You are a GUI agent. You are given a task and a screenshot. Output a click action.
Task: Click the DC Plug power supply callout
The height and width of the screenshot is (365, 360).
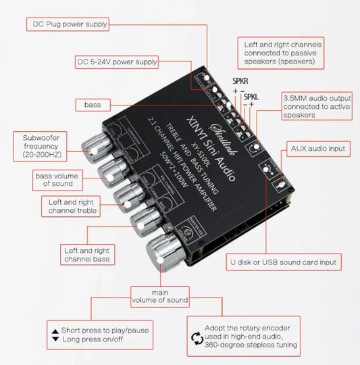[x=68, y=25]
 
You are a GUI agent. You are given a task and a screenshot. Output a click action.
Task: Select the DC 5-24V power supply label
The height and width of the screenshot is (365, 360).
[x=117, y=62]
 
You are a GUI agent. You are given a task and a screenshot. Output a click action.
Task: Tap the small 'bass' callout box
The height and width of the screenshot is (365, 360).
[x=92, y=105]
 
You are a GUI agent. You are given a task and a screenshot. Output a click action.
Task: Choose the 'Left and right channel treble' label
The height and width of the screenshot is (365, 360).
[x=71, y=207]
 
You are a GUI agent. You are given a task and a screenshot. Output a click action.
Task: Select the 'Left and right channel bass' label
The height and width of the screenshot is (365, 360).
[x=86, y=254]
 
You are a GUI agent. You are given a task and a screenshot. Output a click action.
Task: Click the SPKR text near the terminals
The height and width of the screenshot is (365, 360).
[x=240, y=80]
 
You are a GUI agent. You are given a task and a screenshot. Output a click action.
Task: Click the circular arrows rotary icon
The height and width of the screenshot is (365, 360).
[x=198, y=335]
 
